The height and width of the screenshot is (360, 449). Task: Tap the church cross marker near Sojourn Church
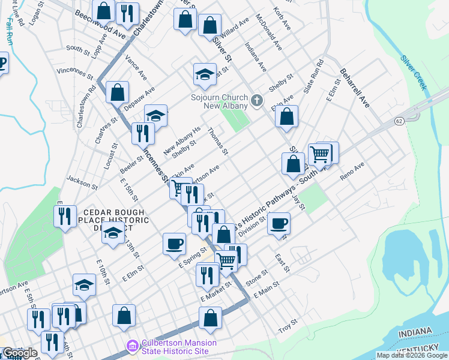point(257,100)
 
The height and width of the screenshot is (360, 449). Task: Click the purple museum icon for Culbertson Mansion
point(132,346)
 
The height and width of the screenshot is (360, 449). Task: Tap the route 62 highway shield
point(399,121)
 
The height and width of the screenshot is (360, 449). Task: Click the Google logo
point(20,353)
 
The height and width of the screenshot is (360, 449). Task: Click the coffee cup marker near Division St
point(279,224)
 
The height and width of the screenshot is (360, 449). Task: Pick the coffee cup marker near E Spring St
point(175,243)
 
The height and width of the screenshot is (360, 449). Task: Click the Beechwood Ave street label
point(100,25)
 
